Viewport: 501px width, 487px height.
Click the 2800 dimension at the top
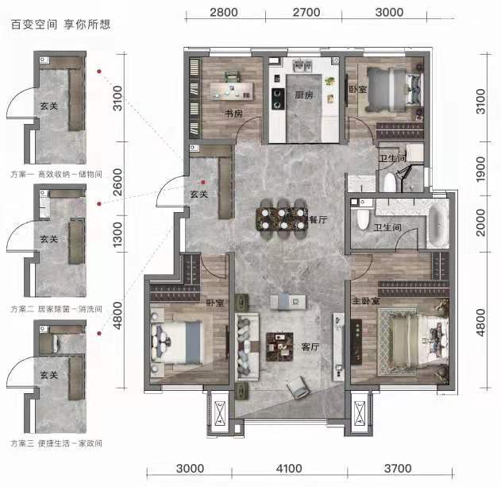click(224, 13)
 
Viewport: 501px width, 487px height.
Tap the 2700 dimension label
click(306, 13)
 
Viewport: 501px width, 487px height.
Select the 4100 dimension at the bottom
click(289, 469)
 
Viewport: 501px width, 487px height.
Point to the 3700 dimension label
click(398, 469)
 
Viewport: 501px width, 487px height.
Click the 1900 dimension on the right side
click(480, 169)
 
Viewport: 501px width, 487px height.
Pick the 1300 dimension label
click(118, 234)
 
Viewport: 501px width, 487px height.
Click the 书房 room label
click(233, 114)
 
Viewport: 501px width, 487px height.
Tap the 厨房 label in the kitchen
click(304, 95)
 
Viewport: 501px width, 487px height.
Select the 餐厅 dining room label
click(318, 220)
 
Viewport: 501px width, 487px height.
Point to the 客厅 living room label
click(310, 346)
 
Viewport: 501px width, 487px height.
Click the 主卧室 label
click(366, 301)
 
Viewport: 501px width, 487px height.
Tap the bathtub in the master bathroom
click(438, 224)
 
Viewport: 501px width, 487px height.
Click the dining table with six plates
click(283, 219)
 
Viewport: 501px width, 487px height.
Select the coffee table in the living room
click(280, 347)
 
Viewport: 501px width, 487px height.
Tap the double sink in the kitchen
click(303, 66)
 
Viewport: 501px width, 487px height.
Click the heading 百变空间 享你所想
click(60, 25)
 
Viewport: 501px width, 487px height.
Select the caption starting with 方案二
click(56, 309)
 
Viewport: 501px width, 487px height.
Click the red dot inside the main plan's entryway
click(203, 182)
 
